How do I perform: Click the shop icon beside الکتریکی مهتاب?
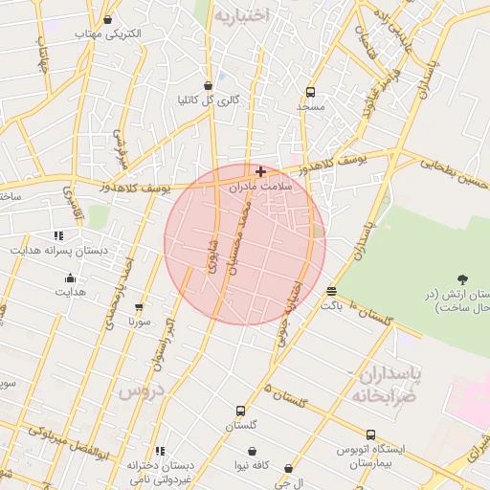click(107, 19)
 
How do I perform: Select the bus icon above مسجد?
click(310, 92)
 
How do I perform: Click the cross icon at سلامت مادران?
click(260, 171)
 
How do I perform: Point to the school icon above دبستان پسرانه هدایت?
click(59, 235)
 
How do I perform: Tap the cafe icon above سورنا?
click(140, 308)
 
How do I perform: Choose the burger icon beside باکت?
click(331, 291)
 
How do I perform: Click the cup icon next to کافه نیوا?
click(252, 451)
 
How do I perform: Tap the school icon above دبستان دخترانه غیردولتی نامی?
click(160, 450)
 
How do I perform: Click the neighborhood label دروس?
click(142, 390)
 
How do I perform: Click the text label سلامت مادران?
click(259, 188)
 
